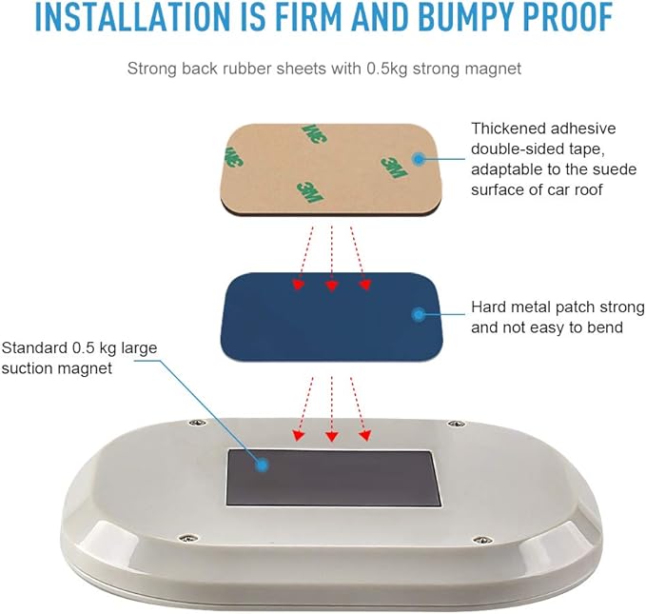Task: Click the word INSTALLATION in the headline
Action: pyautogui.click(x=132, y=17)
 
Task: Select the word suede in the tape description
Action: pyautogui.click(x=615, y=169)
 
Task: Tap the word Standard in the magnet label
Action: pyautogui.click(x=34, y=348)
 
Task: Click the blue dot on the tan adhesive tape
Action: pyautogui.click(x=419, y=159)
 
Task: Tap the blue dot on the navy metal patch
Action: pyautogui.click(x=419, y=315)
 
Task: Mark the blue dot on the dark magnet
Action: pyautogui.click(x=262, y=465)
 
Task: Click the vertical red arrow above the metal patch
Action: pyautogui.click(x=332, y=259)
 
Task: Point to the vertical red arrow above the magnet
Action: pyautogui.click(x=332, y=409)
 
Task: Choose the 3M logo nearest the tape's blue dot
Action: pyautogui.click(x=394, y=167)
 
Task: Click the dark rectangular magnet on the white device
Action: pyautogui.click(x=333, y=478)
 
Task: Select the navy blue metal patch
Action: pyautogui.click(x=332, y=318)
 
